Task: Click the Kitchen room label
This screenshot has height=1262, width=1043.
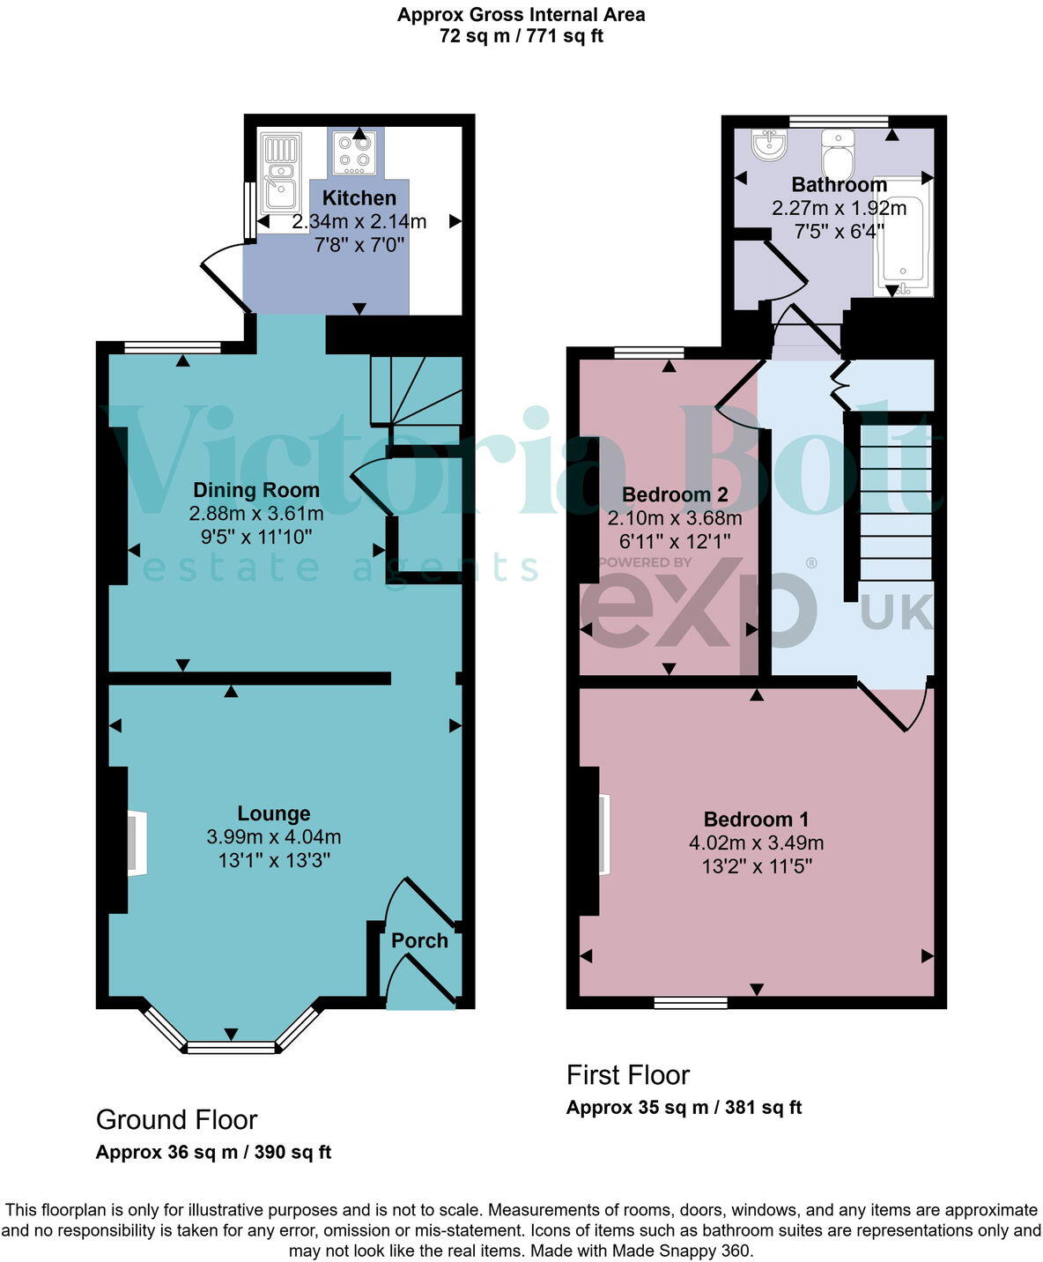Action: [x=359, y=197]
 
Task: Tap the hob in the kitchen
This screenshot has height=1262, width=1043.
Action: [x=356, y=152]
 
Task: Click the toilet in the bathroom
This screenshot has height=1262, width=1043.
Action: [x=838, y=155]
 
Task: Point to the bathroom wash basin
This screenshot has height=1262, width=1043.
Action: [x=769, y=145]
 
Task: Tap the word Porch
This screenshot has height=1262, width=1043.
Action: [x=419, y=940]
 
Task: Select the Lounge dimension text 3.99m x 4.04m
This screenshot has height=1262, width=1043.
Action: [x=274, y=837]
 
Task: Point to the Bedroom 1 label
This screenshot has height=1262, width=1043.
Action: [x=756, y=820]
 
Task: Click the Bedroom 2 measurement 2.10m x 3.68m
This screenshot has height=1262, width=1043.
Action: [x=675, y=518]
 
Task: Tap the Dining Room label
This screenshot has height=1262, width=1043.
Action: [x=256, y=490]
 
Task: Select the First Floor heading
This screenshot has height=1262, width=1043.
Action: [x=627, y=1075]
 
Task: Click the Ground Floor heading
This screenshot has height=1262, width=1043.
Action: [x=176, y=1119]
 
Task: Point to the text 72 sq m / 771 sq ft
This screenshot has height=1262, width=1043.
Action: [x=521, y=36]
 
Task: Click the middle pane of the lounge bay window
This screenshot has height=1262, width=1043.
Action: [x=231, y=1047]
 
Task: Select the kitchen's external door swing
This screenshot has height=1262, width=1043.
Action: [x=225, y=273]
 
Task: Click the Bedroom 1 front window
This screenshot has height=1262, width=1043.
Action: [x=691, y=1002]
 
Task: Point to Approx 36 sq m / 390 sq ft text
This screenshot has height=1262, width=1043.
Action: [x=213, y=1152]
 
